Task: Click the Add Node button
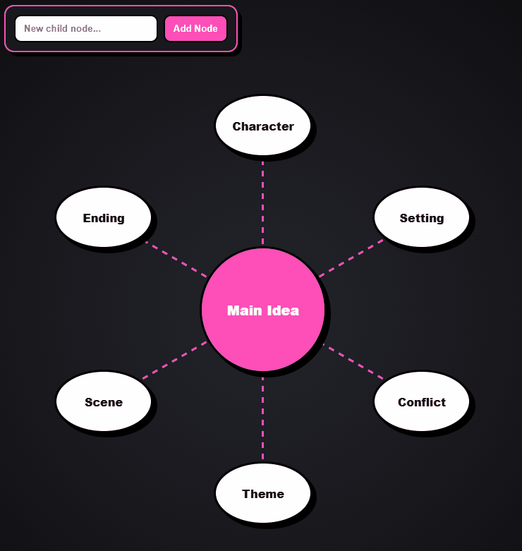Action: pos(195,28)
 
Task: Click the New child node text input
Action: pos(86,28)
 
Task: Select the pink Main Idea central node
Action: pos(262,310)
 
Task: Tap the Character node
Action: pos(262,126)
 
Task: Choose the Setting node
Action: pos(422,217)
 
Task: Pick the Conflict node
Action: pos(422,401)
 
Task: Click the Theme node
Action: pos(262,493)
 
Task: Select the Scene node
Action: pos(104,401)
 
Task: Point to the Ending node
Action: pos(104,217)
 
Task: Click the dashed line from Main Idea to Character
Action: pos(262,202)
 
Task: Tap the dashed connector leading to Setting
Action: pos(351,258)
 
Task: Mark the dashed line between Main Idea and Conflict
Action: pos(353,361)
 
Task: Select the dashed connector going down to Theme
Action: pos(262,418)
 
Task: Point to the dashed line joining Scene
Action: pos(174,361)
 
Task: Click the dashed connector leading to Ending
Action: pos(176,260)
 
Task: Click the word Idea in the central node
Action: pos(283,310)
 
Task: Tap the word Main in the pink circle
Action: pos(245,310)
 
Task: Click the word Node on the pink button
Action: pos(206,28)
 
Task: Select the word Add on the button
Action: pos(182,28)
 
